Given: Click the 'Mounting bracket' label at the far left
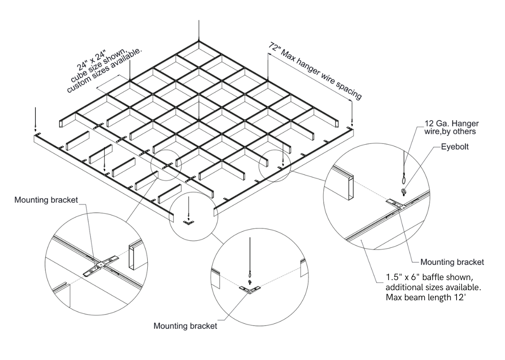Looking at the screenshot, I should pyautogui.click(x=46, y=200).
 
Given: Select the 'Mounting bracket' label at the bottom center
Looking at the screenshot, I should pyautogui.click(x=185, y=326).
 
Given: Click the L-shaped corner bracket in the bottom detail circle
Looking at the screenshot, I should pyautogui.click(x=250, y=290).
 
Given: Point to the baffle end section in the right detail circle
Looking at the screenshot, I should pyautogui.click(x=350, y=185).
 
